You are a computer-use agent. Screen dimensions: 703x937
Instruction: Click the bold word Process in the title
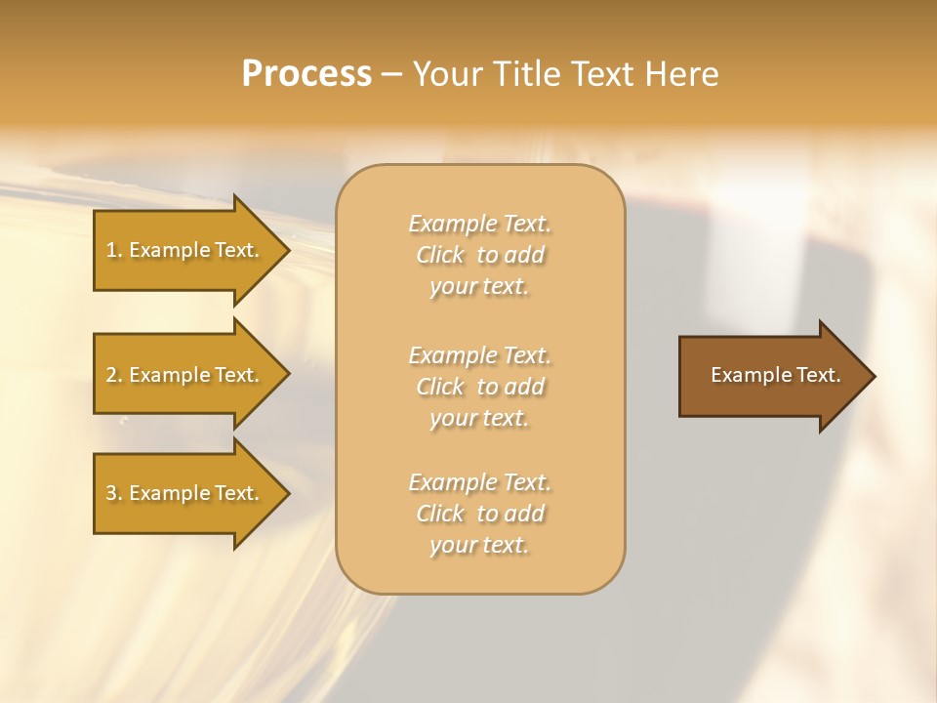[306, 74]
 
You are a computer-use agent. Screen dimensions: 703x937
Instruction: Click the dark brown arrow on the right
[771, 375]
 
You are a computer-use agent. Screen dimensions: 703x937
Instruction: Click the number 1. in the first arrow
[114, 250]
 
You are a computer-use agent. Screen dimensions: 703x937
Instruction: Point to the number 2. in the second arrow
[114, 375]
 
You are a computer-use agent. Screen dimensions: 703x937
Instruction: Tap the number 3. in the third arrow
[114, 493]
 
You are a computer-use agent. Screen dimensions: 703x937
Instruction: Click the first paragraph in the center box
[479, 255]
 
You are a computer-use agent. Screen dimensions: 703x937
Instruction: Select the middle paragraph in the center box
[479, 387]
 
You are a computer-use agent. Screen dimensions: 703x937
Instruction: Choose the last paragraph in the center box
[479, 514]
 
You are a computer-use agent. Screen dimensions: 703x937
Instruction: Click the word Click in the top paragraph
[440, 255]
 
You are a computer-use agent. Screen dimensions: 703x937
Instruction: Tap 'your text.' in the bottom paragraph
[479, 545]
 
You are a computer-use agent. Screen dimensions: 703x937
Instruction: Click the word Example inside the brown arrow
[745, 375]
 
